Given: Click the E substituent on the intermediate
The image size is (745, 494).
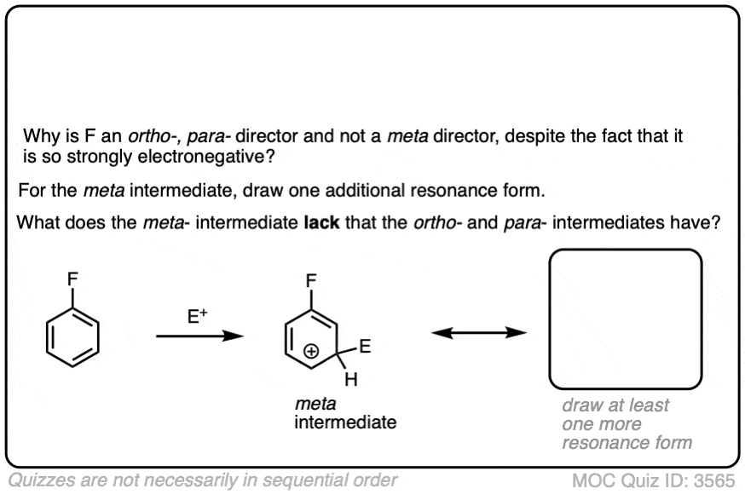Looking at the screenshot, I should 365,347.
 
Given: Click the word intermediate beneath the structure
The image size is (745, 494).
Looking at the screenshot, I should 344,422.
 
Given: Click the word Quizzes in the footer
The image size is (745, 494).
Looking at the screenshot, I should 42,480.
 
